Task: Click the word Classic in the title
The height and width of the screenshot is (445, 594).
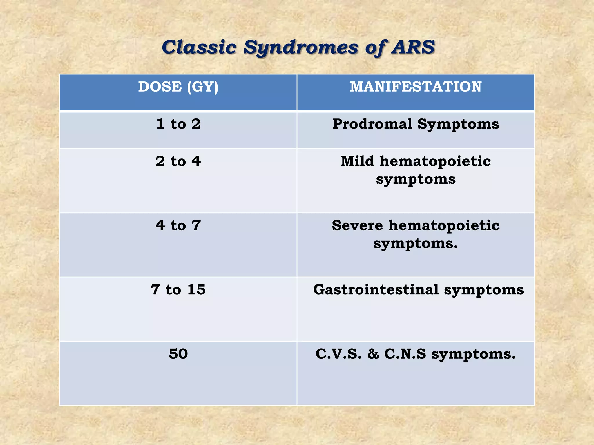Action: point(199,47)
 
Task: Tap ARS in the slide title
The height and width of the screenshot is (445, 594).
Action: point(413,47)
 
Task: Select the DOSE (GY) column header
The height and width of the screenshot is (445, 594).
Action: point(178,87)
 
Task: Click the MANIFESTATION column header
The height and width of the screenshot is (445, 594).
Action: point(416,87)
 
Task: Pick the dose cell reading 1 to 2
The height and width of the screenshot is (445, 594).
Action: point(178,124)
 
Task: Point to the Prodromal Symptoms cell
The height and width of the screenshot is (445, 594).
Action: point(416,124)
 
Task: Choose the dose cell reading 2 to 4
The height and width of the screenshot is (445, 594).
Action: point(178,161)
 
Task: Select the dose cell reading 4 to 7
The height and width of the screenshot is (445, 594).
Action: point(178,226)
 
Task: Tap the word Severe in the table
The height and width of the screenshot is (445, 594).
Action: point(357,226)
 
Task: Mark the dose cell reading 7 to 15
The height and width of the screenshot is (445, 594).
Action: point(178,290)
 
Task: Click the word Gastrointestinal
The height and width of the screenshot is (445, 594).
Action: point(376,290)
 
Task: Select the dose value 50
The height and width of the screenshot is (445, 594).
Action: point(178,354)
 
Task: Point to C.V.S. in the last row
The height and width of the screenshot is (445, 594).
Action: point(338,354)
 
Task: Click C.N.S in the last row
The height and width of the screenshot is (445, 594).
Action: point(405,354)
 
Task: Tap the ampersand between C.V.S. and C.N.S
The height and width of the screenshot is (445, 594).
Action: point(373,354)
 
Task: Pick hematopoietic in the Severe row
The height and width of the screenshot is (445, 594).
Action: point(444,226)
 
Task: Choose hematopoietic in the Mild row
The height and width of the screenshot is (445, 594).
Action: point(435,161)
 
